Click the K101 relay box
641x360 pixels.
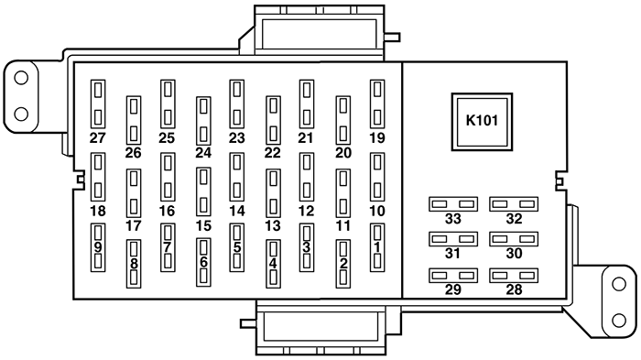click(482, 120)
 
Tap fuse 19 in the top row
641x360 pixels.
click(376, 104)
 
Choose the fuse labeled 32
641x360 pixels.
click(513, 203)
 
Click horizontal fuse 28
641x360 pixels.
click(513, 274)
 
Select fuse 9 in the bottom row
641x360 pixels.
click(98, 247)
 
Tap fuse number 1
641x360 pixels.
click(376, 247)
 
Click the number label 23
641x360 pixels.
click(237, 138)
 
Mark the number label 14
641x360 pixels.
click(237, 211)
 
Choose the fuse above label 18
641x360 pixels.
click(98, 176)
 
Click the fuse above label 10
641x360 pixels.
click(376, 176)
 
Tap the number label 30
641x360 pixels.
click(513, 254)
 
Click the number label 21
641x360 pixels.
click(306, 138)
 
